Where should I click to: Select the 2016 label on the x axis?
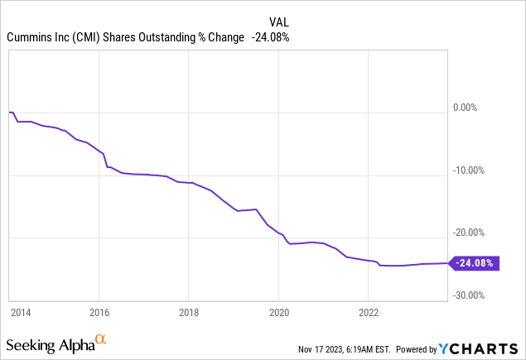point(99,313)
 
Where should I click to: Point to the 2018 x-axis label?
point(189,313)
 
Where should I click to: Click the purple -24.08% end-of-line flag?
point(474,263)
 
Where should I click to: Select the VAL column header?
point(279,22)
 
